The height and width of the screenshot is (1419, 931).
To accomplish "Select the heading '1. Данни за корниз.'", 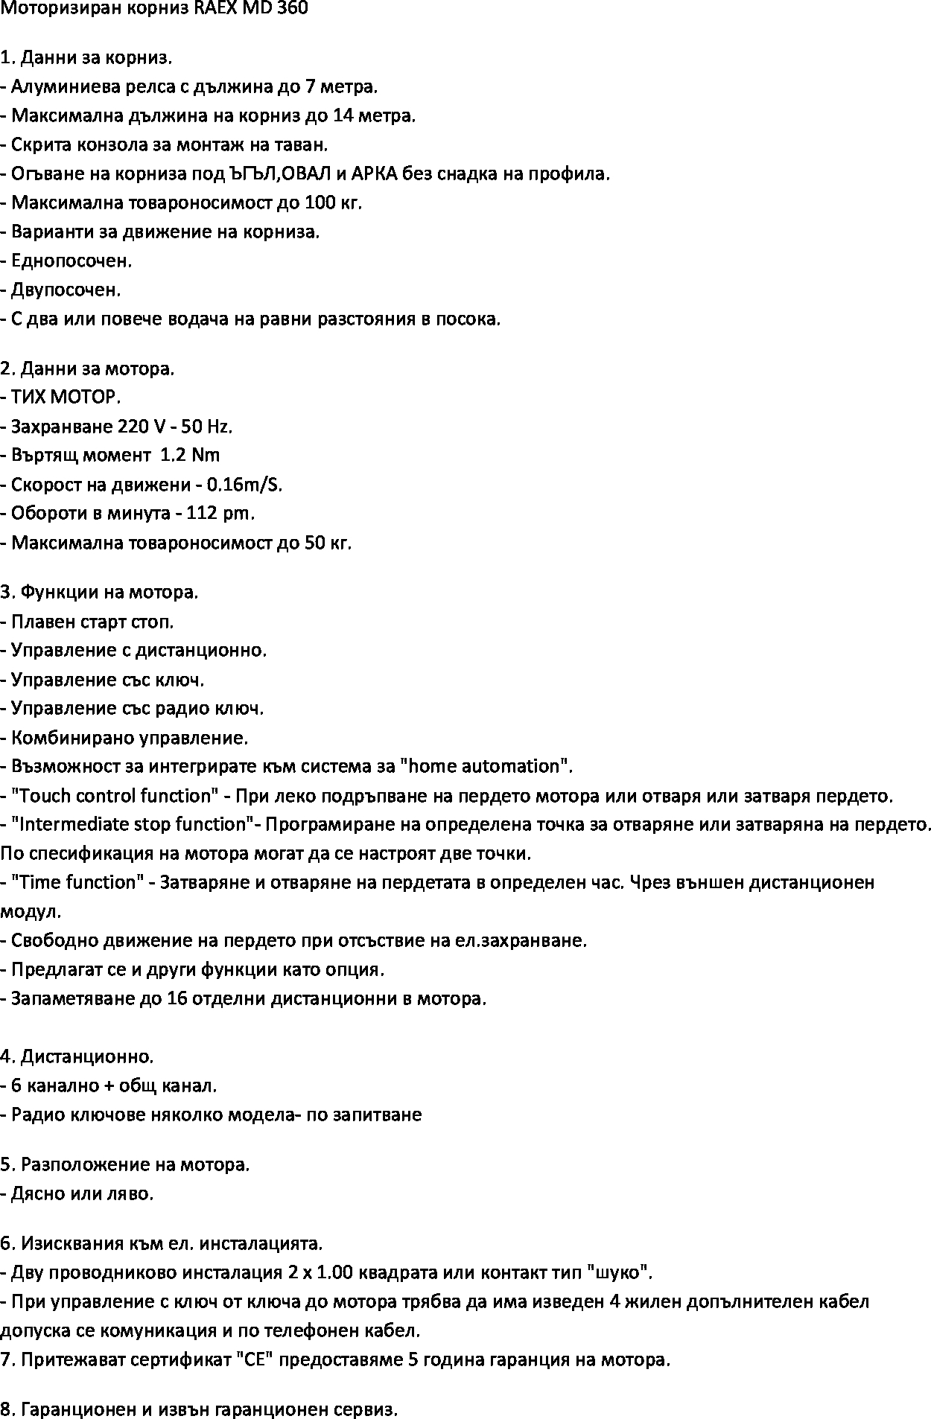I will (x=86, y=57).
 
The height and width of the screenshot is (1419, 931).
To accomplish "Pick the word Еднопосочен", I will (x=72, y=261).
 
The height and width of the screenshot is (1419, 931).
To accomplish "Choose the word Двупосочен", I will (x=66, y=290).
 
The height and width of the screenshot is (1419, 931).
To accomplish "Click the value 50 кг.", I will (x=327, y=543).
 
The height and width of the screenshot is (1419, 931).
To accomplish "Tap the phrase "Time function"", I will (x=77, y=882).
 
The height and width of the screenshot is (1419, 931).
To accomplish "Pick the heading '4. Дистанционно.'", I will (x=77, y=1056).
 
